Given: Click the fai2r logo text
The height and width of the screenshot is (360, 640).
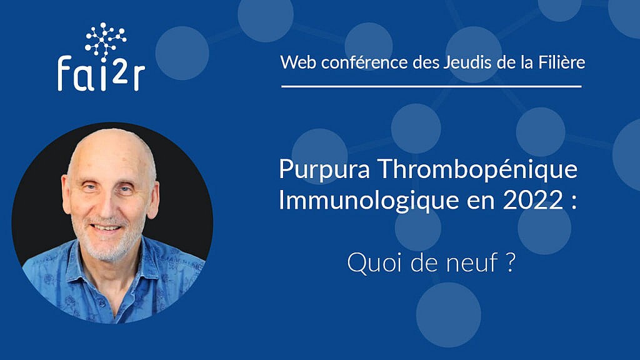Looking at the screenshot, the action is point(101,74).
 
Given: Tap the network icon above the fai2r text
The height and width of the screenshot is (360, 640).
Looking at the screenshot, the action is point(105,41).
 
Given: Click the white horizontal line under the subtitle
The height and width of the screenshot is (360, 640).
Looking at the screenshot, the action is point(431,86).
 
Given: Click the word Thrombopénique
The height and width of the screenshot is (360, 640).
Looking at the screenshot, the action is point(477,170).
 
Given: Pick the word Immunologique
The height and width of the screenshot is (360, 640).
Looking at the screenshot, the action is point(369,201).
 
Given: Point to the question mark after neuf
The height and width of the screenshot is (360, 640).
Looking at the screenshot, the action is point(510,262).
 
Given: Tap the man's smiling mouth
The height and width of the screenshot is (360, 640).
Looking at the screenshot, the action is point(106,227).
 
